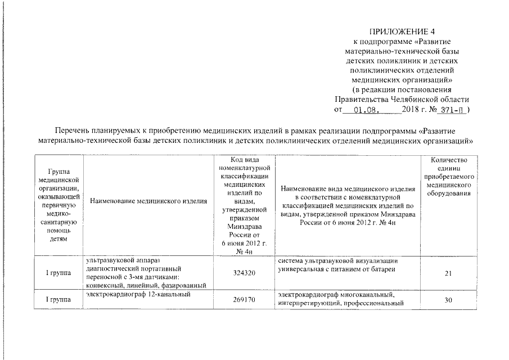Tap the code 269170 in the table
click(244, 300)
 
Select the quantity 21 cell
click(448, 273)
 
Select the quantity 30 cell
click(448, 300)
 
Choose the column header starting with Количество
click(448, 177)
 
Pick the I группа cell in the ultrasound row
click(58, 273)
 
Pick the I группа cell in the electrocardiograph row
click(58, 300)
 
